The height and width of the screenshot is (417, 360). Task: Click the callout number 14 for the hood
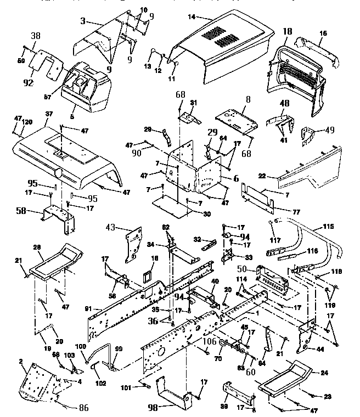(190, 17)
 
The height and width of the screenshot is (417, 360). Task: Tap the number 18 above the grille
(286, 33)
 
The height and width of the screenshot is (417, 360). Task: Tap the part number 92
(28, 83)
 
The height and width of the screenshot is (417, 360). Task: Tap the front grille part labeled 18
(296, 77)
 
